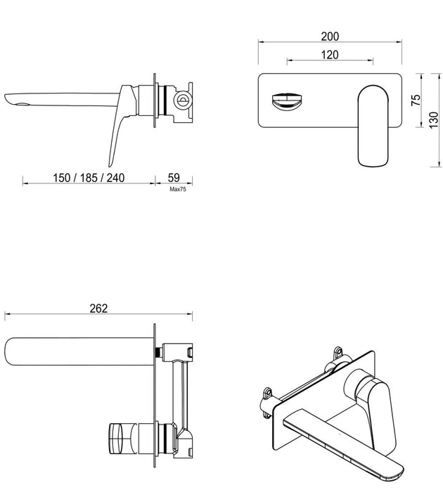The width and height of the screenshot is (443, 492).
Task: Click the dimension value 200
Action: pos(330,36)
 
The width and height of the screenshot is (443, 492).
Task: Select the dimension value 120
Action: pos(330,54)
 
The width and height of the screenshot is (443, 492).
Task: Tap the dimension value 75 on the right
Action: pos(416,99)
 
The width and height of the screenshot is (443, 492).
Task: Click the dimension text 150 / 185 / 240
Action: pos(89,177)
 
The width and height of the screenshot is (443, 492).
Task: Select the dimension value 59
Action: pos(174,177)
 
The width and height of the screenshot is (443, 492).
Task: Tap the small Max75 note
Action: pos(176,188)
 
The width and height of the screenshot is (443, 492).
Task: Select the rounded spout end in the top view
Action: pos(18,351)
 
